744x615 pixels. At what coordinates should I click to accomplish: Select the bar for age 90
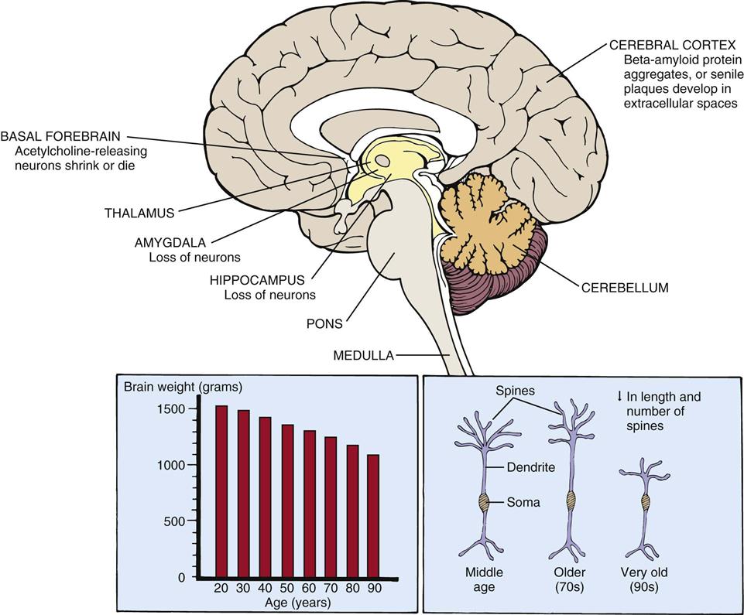373,515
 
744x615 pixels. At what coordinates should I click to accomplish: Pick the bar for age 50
288,501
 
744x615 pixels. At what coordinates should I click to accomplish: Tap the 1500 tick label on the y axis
170,408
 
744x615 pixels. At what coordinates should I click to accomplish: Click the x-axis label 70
331,588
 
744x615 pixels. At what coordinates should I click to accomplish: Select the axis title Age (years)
297,603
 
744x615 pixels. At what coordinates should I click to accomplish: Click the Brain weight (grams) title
183,387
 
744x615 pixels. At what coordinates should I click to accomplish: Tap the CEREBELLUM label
625,287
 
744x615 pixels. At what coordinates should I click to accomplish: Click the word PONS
324,324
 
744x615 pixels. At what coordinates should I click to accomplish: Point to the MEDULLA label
363,355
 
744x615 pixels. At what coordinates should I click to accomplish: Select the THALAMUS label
139,213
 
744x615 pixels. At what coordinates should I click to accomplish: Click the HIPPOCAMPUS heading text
257,280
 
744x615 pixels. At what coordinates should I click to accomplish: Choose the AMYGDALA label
170,242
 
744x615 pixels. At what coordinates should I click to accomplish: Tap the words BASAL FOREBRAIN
60,137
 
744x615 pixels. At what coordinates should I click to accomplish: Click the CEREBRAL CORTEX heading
673,45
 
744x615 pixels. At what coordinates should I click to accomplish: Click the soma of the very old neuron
646,501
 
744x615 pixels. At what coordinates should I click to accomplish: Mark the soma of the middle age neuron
484,503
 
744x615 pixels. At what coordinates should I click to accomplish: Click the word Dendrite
531,467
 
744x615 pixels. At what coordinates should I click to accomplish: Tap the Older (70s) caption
569,579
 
